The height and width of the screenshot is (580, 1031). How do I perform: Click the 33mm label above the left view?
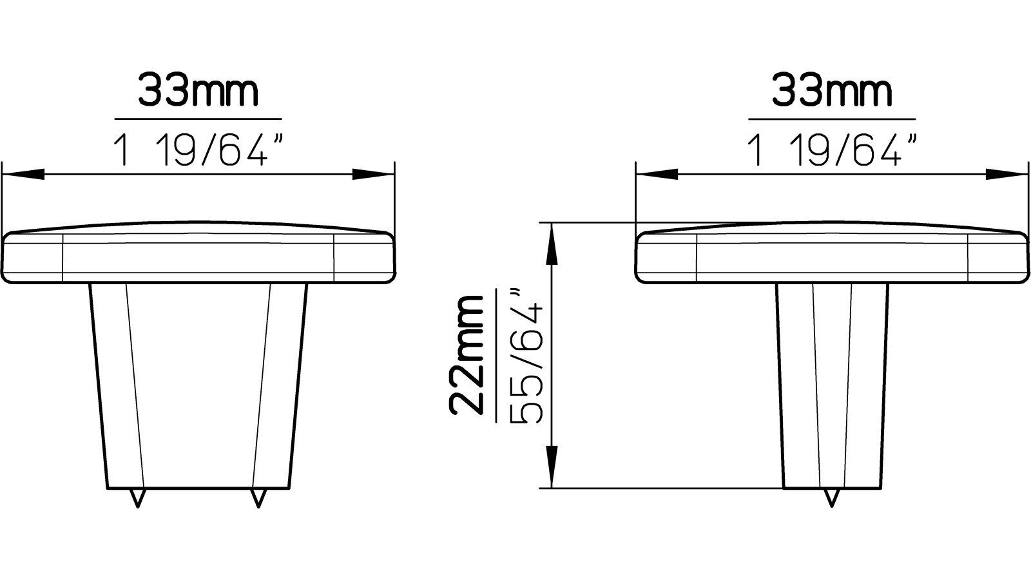[198, 92]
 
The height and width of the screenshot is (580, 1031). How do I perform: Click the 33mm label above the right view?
[832, 92]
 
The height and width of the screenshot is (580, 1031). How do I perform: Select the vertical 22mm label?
[467, 354]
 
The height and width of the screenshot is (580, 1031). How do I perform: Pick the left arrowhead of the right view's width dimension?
[657, 174]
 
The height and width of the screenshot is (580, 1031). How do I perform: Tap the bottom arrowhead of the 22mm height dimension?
[551, 467]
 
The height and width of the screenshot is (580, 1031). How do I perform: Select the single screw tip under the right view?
[833, 498]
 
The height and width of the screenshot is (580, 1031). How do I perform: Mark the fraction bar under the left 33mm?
[198, 119]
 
